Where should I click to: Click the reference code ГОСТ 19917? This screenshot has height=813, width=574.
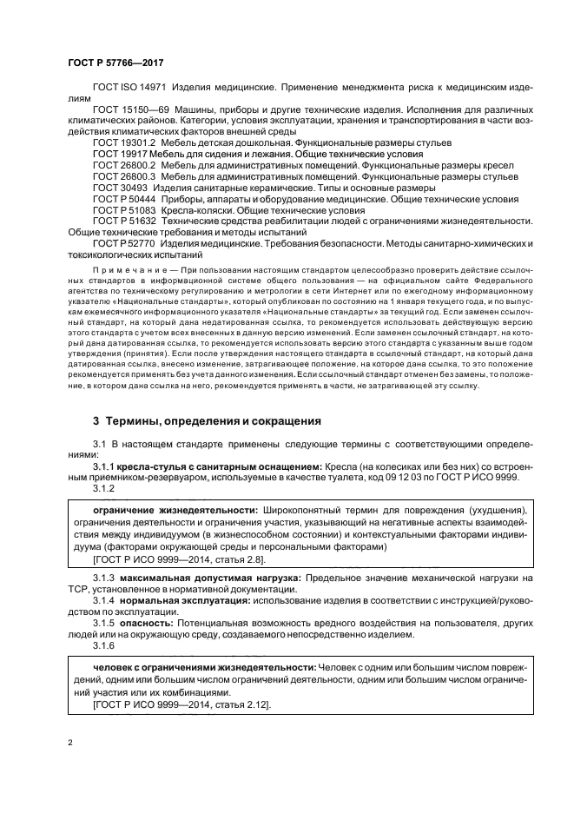(118, 153)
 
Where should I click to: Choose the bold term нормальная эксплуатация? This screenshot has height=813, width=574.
(182, 600)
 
